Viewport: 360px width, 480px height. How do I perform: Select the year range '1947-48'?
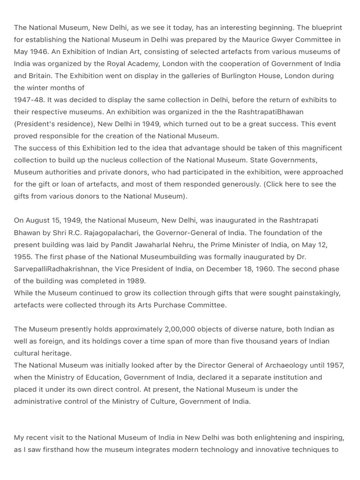29,100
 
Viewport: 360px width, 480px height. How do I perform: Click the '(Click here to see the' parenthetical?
300,184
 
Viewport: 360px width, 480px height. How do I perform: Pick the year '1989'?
136,281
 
